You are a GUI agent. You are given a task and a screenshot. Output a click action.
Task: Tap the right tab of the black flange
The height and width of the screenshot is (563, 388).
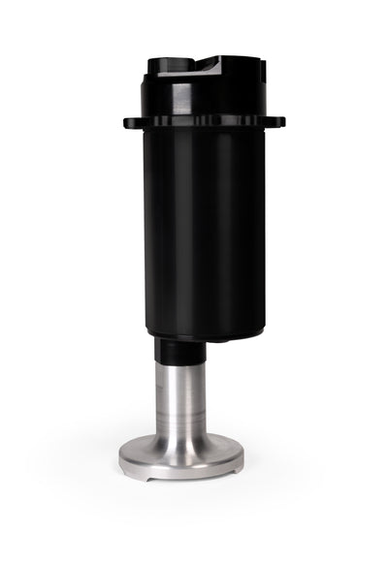coord(277,122)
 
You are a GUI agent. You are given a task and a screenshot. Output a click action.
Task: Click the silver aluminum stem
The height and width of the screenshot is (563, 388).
coord(181,397)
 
